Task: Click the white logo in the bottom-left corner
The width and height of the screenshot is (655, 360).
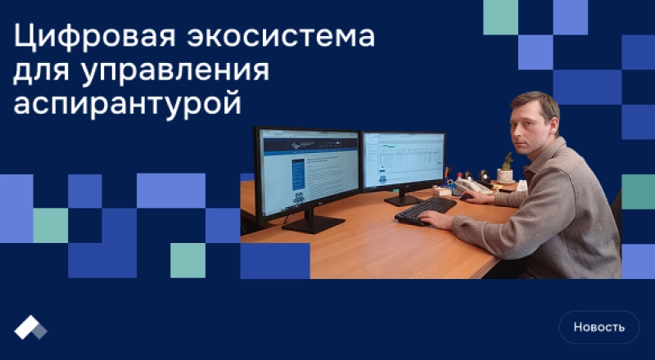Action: pyautogui.click(x=30, y=326)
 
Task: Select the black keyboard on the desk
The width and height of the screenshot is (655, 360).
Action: pyautogui.click(x=425, y=209)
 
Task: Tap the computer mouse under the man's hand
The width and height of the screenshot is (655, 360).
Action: pyautogui.click(x=466, y=196)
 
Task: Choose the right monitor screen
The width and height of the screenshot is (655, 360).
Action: pyautogui.click(x=403, y=159)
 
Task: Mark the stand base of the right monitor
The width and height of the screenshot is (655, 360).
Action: pyautogui.click(x=402, y=200)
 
